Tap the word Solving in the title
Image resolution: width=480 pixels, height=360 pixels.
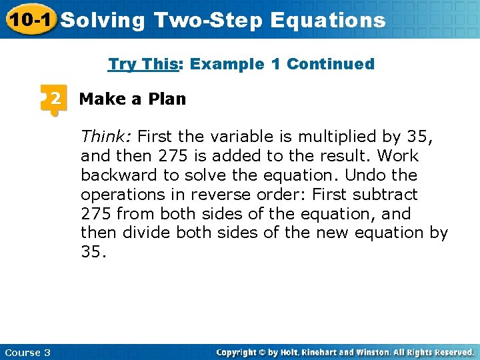[x=103, y=20]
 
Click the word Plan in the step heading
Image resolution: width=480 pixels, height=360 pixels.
[x=167, y=99]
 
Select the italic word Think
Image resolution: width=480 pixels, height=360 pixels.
[x=106, y=137]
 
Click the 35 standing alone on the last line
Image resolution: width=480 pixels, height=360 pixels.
[x=93, y=253]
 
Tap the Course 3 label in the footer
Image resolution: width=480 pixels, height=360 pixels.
[x=27, y=352]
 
